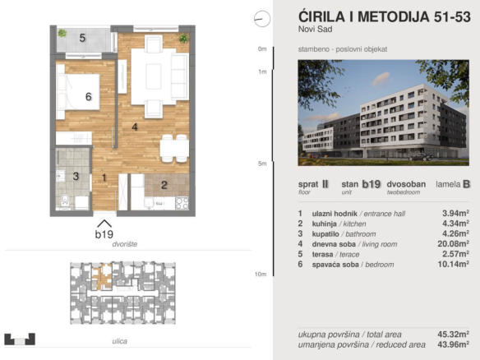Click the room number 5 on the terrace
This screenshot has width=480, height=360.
pos(82,38)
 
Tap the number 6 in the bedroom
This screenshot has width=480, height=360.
pos(89,97)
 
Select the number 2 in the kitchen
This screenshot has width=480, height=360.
pos(164,185)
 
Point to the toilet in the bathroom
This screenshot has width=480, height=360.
pos(65,201)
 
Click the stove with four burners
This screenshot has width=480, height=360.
pos(182,203)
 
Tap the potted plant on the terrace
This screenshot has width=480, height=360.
pos(62,33)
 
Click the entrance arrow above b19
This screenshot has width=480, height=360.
pos(104,224)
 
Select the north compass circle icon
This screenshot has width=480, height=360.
pos(262,19)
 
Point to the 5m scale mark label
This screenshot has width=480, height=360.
pos(262,164)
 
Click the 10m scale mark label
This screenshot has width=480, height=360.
pos(261,275)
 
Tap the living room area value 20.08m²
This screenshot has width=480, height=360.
pos(454,244)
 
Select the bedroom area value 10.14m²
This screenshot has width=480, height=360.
pos(454,264)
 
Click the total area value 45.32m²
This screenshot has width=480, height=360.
pos(454,335)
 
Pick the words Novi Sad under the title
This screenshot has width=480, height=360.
pos(316,30)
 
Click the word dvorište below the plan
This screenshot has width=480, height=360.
pos(125,244)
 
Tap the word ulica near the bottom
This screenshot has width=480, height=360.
pos(120,341)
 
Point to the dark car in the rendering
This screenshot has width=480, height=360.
pos(421,157)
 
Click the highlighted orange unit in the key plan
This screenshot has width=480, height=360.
pos(102,277)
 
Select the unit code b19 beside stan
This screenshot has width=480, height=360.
pos(372,184)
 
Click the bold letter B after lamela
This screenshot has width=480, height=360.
pos(467,184)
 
